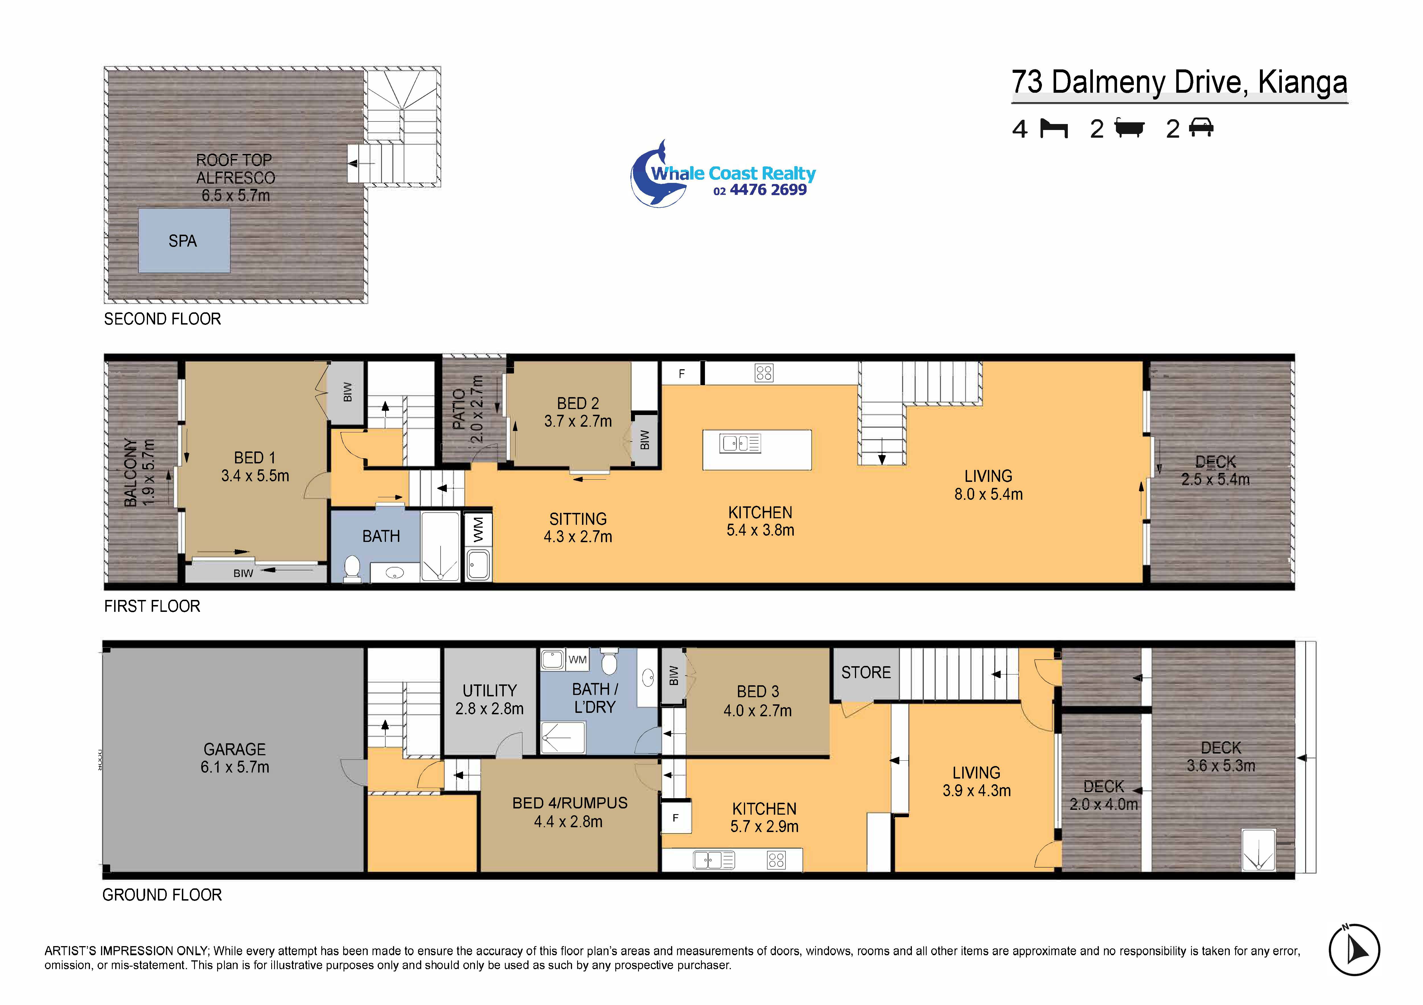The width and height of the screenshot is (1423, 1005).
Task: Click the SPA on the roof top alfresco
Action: (x=184, y=240)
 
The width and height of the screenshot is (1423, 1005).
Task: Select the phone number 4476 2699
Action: (x=768, y=190)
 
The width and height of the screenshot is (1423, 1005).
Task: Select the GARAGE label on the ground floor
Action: (x=235, y=749)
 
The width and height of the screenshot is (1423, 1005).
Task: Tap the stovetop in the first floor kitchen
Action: (x=764, y=372)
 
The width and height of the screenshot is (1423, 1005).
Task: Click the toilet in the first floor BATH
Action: (x=352, y=569)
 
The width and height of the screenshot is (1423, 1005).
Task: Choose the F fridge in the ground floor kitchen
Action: (x=676, y=818)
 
